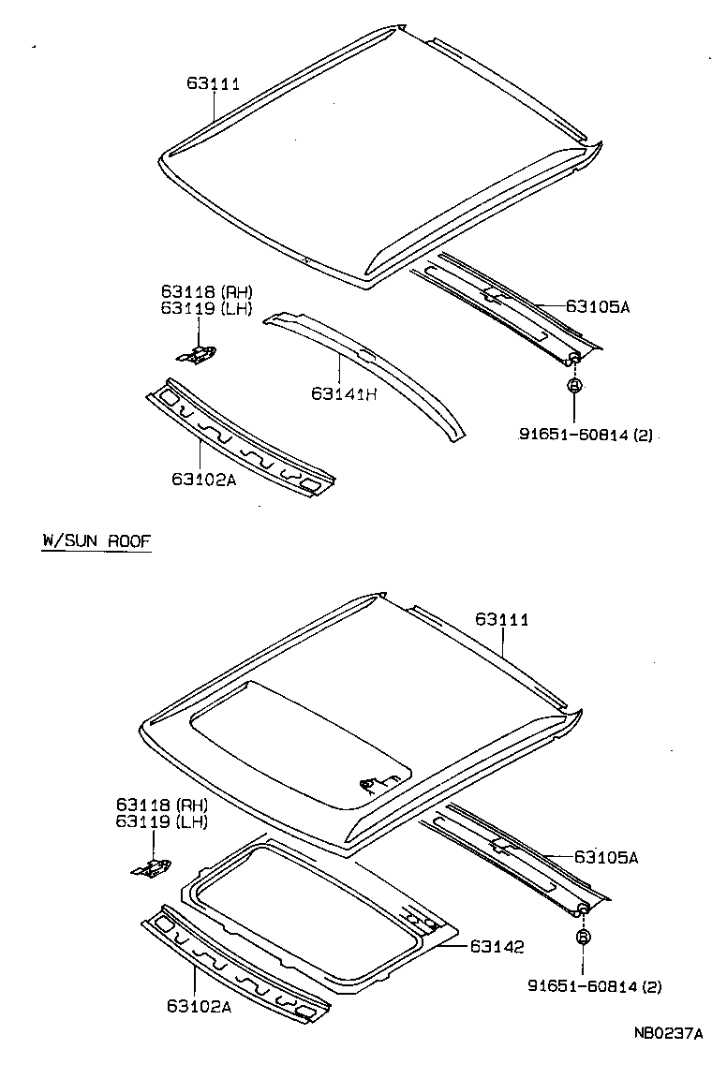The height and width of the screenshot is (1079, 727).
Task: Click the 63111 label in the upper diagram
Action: [x=213, y=84]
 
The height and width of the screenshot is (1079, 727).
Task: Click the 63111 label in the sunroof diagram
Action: [x=501, y=619]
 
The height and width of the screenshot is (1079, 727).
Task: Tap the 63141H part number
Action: [x=344, y=394]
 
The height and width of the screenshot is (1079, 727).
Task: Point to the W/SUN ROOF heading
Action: [x=96, y=541]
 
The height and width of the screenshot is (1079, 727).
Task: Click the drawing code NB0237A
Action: [x=667, y=1034]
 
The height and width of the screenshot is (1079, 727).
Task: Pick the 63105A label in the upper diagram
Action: [x=598, y=305]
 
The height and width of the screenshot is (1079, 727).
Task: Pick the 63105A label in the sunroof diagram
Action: [x=605, y=856]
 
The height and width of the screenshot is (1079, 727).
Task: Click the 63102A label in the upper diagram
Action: [x=203, y=479]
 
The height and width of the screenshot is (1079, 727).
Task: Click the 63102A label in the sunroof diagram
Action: [x=199, y=1006]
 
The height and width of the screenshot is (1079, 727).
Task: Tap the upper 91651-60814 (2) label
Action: [x=585, y=434]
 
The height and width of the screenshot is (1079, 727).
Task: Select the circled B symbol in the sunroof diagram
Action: [x=583, y=938]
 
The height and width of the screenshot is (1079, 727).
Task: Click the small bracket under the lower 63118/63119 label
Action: [x=152, y=869]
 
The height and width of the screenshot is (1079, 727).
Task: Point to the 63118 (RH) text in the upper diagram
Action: [x=205, y=292]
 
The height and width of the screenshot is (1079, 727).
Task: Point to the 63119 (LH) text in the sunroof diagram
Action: [x=162, y=821]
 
